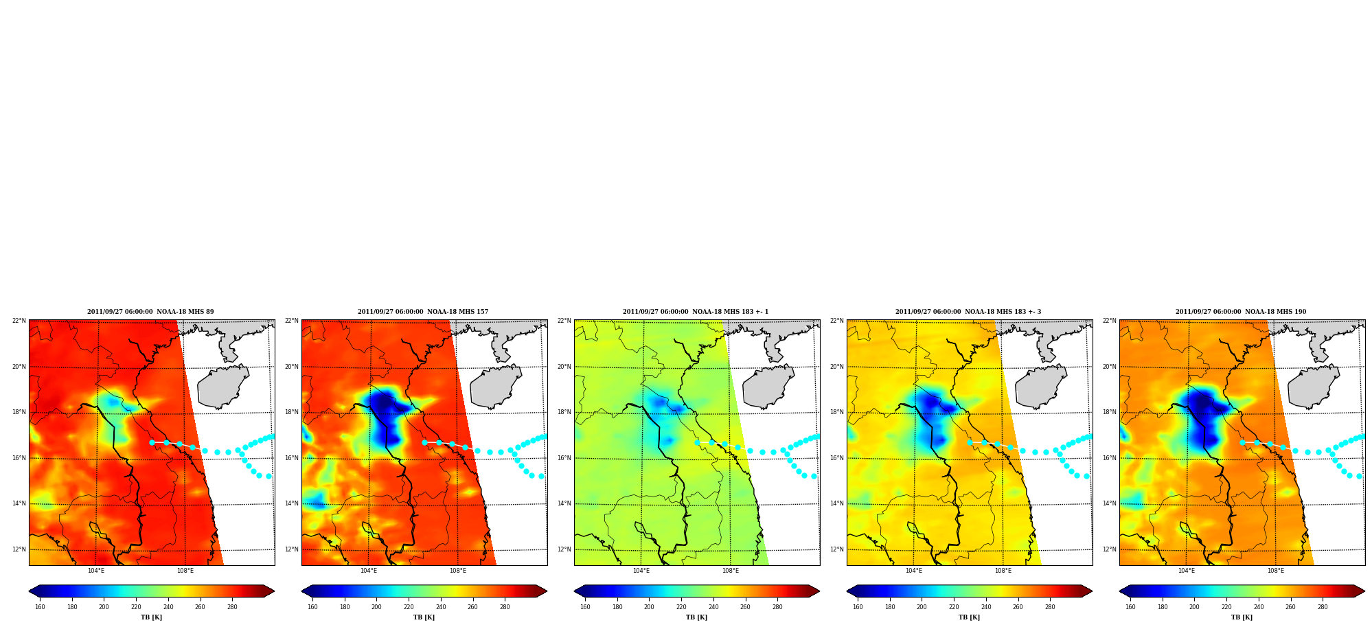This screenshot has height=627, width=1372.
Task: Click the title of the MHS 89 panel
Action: click(x=150, y=312)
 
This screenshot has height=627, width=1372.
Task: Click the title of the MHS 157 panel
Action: click(x=423, y=312)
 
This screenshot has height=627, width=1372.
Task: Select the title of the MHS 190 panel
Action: click(x=1241, y=312)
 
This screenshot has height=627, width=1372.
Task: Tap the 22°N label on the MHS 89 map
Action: click(x=19, y=321)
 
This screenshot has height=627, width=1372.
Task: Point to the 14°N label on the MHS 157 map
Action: click(x=291, y=503)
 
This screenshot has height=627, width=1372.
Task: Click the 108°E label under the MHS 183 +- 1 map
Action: click(x=731, y=571)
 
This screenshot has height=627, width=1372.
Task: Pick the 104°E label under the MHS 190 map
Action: click(x=1187, y=571)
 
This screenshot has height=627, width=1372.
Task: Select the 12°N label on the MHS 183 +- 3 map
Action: click(x=836, y=549)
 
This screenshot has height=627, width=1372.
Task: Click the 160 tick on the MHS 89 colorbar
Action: click(x=40, y=607)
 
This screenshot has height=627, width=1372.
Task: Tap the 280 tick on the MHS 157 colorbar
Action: click(x=505, y=607)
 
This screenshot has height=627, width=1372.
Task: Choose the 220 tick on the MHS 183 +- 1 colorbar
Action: click(x=681, y=607)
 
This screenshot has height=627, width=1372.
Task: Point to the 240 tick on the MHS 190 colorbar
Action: click(x=1259, y=607)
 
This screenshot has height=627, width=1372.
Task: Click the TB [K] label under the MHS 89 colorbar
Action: click(x=152, y=617)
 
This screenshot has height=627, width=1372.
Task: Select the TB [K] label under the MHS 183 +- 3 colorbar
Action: click(x=970, y=617)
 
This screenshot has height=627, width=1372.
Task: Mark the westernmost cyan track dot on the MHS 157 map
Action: click(x=424, y=442)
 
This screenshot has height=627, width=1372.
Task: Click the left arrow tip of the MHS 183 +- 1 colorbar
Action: click(x=574, y=591)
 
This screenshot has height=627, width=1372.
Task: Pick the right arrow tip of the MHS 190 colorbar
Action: click(x=1364, y=591)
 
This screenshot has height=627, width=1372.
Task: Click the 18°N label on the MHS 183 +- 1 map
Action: click(x=564, y=412)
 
